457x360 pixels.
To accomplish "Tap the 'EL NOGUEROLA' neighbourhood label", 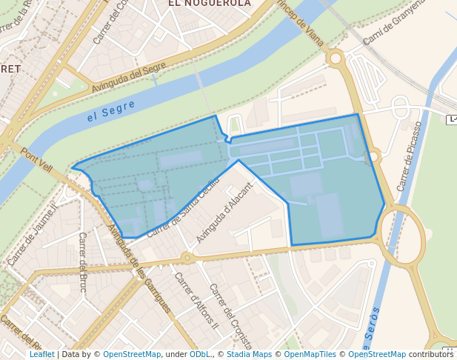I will (x=210, y=4).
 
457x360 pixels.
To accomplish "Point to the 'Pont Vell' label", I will (x=36, y=160).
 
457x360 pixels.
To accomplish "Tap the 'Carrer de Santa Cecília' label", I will (x=183, y=207).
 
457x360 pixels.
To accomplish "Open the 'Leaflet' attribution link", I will (x=41, y=354).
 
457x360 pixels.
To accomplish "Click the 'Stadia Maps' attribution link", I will (x=248, y=354).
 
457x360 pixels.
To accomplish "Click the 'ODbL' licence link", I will (x=199, y=354).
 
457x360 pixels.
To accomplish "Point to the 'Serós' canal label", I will (x=372, y=327).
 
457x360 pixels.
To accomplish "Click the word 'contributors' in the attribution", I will (x=431, y=354).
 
